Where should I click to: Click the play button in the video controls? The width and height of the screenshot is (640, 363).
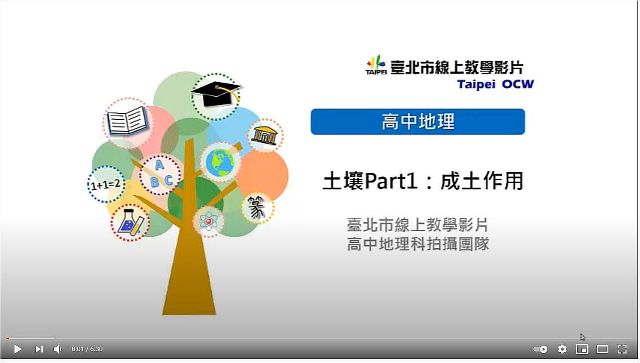18,349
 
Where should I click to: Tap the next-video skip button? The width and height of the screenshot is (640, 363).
39,349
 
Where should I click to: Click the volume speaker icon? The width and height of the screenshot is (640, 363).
57,349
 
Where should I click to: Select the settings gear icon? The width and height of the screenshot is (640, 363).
562,349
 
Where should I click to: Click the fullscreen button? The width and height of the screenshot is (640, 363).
622,349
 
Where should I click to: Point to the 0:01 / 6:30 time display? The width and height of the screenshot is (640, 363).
87,349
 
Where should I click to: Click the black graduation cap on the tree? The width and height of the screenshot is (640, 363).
216,92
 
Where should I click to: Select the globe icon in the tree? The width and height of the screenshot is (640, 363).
220,163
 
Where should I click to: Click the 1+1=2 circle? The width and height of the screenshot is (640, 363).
106,184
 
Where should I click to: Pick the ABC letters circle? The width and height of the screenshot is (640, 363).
160,175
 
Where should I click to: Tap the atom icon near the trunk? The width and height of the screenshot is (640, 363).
209,222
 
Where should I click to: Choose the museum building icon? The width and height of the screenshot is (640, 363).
264,135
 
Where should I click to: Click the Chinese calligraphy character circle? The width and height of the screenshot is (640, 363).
257,208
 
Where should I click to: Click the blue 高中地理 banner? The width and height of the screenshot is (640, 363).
418,121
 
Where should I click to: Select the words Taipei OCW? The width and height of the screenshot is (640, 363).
496,84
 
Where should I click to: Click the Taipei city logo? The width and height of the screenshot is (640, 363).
376,65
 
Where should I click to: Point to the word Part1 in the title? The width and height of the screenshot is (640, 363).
391,182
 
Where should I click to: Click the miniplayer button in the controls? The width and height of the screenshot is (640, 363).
582,349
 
